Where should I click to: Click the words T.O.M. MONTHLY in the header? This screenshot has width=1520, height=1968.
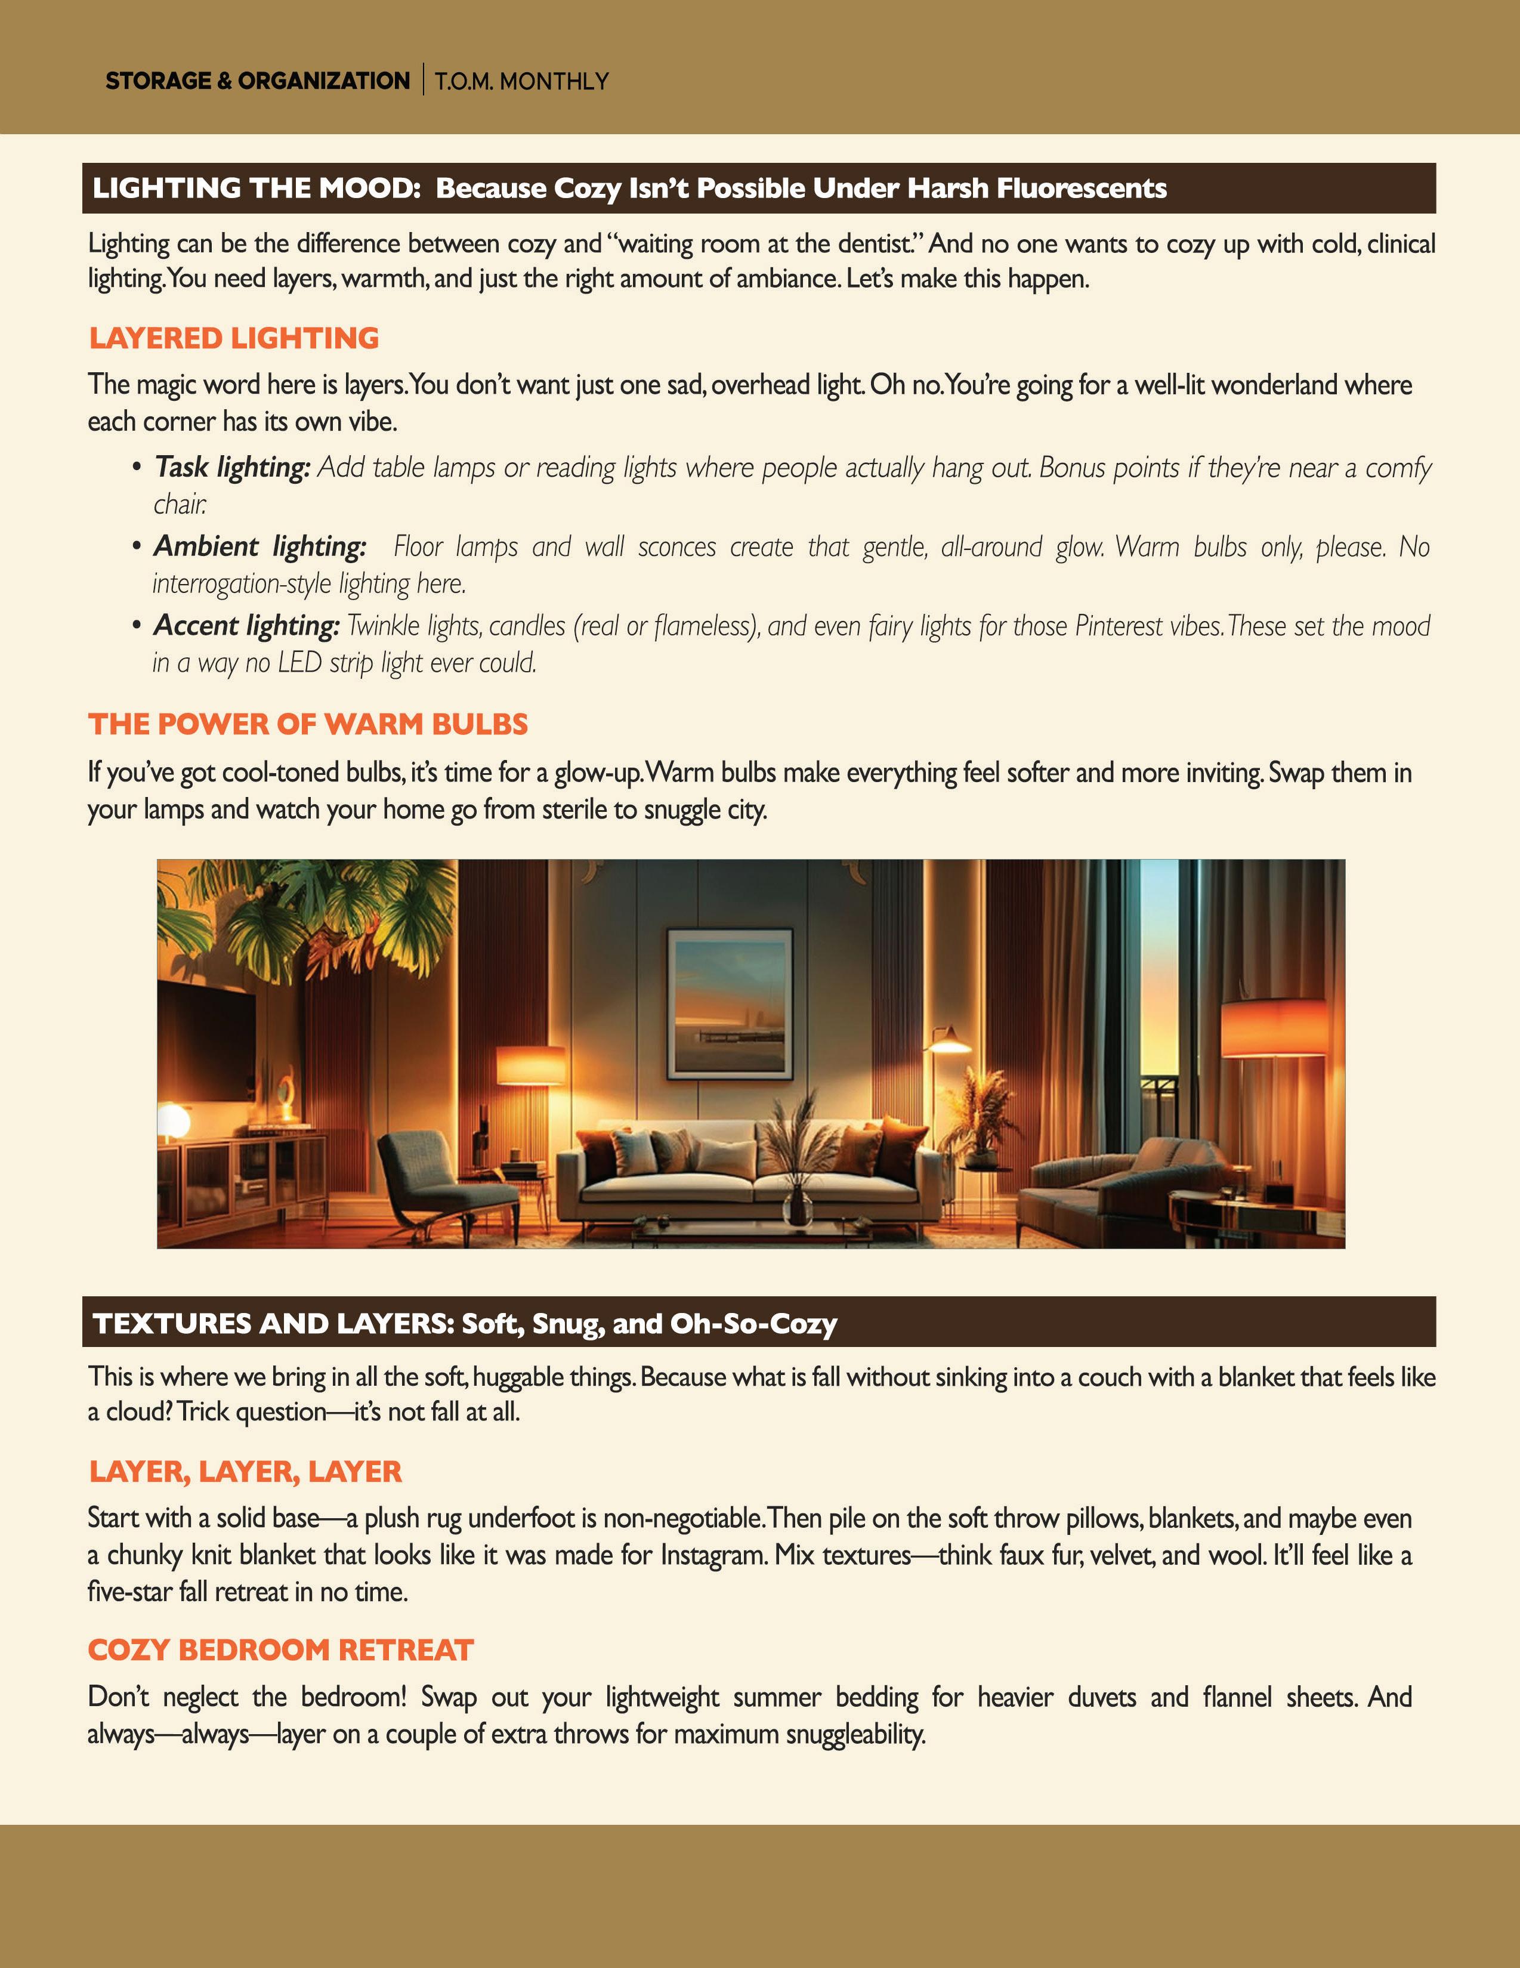click(522, 82)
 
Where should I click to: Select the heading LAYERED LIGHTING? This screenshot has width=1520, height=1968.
click(233, 339)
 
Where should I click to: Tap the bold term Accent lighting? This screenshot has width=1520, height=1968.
click(246, 625)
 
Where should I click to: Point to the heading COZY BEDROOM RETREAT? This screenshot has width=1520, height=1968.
click(280, 1651)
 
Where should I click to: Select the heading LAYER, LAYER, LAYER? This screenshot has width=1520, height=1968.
click(245, 1472)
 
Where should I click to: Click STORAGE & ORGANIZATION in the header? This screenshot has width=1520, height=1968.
click(258, 81)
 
